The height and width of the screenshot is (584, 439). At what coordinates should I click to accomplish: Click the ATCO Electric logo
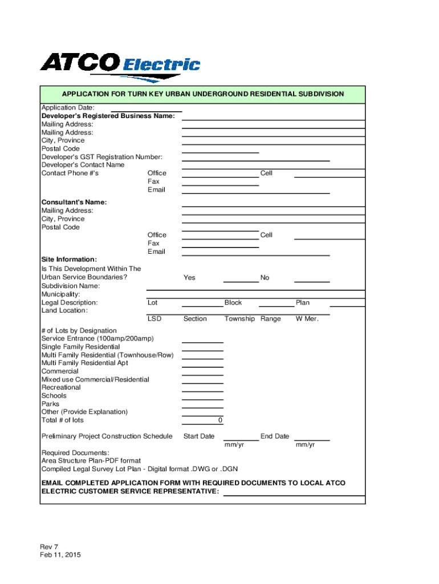coord(120,66)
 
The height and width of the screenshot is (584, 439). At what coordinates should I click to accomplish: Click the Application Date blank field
coord(146,108)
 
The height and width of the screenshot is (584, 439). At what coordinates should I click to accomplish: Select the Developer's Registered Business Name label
coord(108,116)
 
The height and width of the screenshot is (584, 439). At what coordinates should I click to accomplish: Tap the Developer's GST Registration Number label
coord(102,157)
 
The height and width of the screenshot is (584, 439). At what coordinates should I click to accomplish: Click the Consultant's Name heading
coord(74,202)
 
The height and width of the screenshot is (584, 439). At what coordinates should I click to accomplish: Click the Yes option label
coord(189,278)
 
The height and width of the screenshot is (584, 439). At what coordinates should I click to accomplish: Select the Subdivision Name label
coord(71,286)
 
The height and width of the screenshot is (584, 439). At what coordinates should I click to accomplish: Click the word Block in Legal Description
coord(233,303)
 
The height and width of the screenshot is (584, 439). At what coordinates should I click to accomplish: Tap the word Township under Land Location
coord(239,319)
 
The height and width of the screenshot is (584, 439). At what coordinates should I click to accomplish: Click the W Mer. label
coord(307,319)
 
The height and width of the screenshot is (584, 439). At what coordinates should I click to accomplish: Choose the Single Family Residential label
coord(80,347)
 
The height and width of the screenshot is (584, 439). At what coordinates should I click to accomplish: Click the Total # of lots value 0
coord(220,420)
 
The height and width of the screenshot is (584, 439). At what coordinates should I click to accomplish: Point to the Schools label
coord(54,396)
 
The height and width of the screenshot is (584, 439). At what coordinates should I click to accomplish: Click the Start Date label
coord(199,436)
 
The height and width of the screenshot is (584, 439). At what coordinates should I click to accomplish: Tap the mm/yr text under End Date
coord(305,445)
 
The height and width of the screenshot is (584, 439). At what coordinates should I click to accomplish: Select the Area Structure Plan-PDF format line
coord(91,461)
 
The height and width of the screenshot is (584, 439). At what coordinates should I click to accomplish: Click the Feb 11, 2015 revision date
coord(60,555)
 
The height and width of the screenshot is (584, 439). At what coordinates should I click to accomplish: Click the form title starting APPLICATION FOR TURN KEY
coord(203,94)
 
